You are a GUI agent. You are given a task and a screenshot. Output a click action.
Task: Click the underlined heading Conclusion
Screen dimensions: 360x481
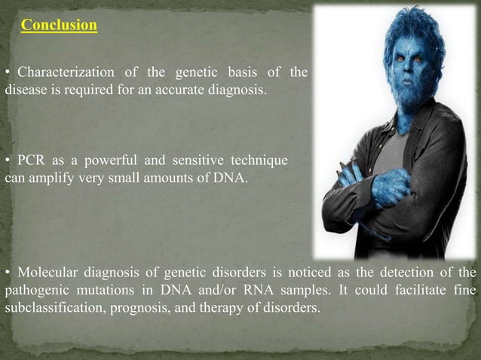(59, 26)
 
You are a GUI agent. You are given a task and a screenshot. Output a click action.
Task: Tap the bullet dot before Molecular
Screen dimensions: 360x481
(8, 272)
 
